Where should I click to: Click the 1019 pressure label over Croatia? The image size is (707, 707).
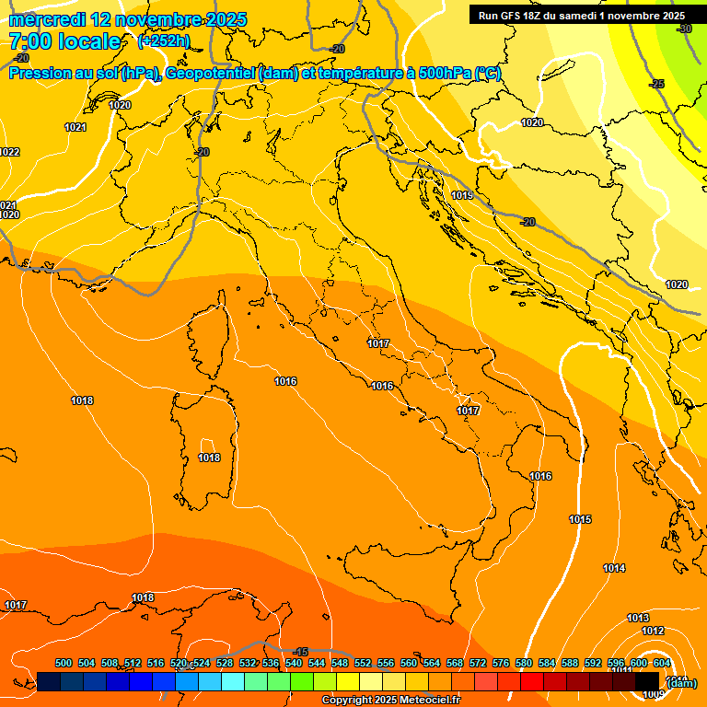[462, 196]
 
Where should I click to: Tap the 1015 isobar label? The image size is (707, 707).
[580, 520]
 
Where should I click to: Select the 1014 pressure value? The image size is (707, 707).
[614, 568]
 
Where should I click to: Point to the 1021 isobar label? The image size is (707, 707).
[75, 128]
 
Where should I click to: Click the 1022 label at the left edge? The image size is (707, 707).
[9, 152]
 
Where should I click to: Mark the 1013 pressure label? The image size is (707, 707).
[638, 618]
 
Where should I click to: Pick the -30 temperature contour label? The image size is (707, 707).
[684, 29]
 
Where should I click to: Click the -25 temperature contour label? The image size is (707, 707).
[657, 84]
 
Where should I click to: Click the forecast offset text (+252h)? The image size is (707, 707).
[163, 41]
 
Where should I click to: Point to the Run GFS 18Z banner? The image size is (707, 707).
[581, 16]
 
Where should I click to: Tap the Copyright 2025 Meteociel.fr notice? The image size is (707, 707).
[390, 700]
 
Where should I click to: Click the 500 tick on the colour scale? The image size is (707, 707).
[64, 663]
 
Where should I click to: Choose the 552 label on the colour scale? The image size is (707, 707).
[363, 663]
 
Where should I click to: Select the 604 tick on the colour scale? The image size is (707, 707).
[662, 663]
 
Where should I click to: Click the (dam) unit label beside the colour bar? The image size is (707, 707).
[680, 682]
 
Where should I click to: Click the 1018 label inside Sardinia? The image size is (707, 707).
[209, 458]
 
